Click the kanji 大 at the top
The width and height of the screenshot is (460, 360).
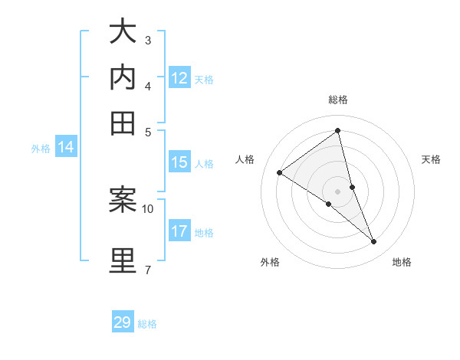tap(123, 33)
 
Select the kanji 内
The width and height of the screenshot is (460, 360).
tap(123, 77)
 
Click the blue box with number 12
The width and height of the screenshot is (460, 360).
tap(179, 77)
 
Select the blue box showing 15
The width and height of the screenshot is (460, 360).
tap(179, 162)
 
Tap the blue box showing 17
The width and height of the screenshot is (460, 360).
tap(179, 231)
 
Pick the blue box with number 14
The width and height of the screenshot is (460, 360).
tap(66, 148)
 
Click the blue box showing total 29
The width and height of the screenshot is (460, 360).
tap(123, 322)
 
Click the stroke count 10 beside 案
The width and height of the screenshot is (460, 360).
tap(148, 208)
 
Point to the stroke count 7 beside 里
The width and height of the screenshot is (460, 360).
tap(147, 269)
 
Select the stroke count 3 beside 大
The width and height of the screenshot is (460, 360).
tap(147, 39)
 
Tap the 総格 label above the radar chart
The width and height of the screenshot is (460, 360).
tap(338, 100)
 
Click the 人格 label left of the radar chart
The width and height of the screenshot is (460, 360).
tap(245, 159)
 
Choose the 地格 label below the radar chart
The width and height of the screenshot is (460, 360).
tap(402, 262)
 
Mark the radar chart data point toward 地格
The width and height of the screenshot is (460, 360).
tap(374, 242)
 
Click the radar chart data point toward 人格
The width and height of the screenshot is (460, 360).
tap(279, 172)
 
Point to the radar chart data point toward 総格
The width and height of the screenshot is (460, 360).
tap(338, 131)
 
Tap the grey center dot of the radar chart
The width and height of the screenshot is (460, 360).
tap(338, 191)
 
